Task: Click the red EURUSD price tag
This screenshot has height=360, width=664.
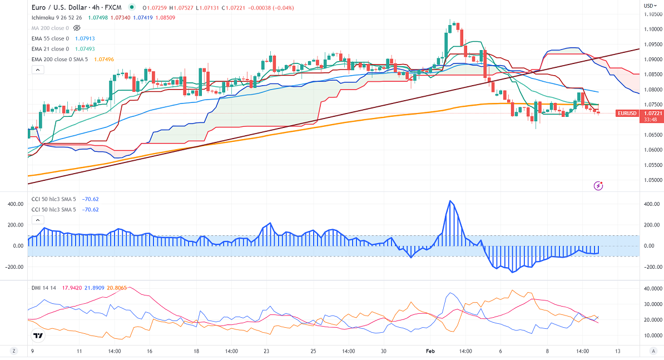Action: (x=627, y=113)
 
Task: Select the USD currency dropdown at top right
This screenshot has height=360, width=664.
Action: (x=649, y=6)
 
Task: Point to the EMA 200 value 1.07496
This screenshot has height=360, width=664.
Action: (x=104, y=59)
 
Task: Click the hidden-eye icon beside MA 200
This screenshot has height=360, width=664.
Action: (x=77, y=28)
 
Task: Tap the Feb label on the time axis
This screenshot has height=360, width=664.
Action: (x=430, y=351)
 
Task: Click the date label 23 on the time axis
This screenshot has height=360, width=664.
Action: (x=267, y=351)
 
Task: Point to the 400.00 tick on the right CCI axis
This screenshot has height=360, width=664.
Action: (x=651, y=204)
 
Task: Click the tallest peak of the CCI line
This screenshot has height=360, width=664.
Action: (x=450, y=201)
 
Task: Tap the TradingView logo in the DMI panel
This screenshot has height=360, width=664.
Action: (x=38, y=336)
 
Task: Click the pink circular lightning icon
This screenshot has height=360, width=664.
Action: (x=598, y=186)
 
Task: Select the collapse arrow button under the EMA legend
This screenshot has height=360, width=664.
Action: (x=37, y=70)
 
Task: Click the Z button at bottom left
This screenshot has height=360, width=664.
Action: (x=13, y=351)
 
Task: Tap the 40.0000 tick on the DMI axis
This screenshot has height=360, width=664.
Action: (x=651, y=289)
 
